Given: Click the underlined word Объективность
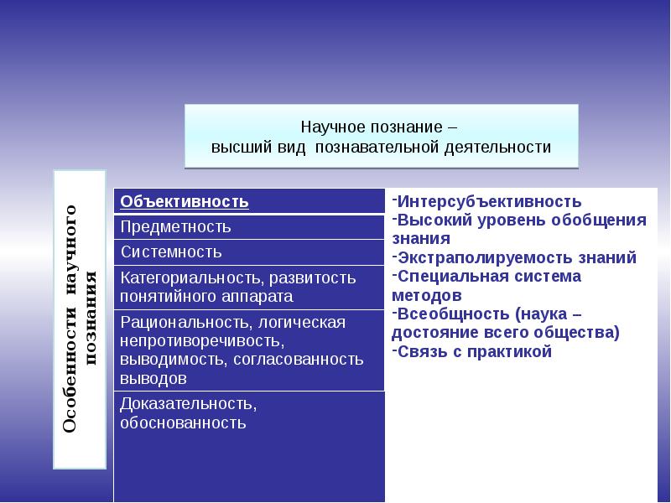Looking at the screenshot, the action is coord(184,201).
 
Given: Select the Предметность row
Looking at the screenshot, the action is coord(249,226).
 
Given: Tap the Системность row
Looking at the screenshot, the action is coord(249,252).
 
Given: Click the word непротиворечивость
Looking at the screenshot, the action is coord(202,341).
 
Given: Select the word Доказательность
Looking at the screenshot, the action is coord(188,404).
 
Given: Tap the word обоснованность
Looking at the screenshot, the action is coord(183,423).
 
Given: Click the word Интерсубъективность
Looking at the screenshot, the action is coord(489,201).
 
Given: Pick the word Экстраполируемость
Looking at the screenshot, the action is coord(486,258).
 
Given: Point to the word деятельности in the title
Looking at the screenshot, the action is coord(497,148).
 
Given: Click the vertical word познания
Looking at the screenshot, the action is coord(91,319).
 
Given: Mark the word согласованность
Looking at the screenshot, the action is coord(299,360).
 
